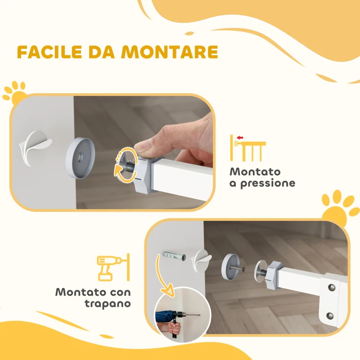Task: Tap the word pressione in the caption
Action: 268,183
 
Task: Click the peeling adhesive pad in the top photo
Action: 35,148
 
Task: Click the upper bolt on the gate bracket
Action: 332,287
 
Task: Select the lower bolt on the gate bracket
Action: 331,315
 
